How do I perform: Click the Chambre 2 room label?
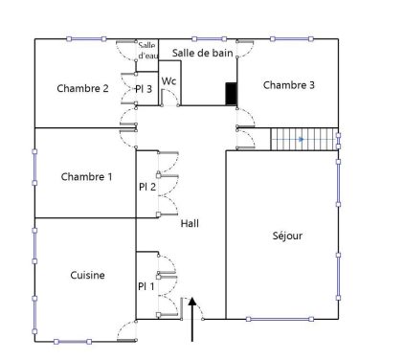pyautogui.click(x=82, y=88)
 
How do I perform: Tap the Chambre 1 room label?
pyautogui.click(x=86, y=176)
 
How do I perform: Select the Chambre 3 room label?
pyautogui.click(x=289, y=85)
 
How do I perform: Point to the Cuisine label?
pyautogui.click(x=87, y=275)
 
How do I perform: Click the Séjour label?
pyautogui.click(x=287, y=236)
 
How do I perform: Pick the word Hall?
pyautogui.click(x=190, y=223)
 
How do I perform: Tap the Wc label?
pyautogui.click(x=168, y=81)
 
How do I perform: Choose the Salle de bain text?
pyautogui.click(x=203, y=53)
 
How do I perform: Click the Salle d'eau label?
pyautogui.click(x=147, y=51)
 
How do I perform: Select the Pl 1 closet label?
pyautogui.click(x=146, y=286)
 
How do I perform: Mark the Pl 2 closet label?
pyautogui.click(x=147, y=187)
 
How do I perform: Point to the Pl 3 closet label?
pyautogui.click(x=144, y=89)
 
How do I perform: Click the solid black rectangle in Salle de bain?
pyautogui.click(x=231, y=94)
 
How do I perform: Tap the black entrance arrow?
pyautogui.click(x=192, y=319)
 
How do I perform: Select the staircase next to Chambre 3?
pyautogui.click(x=304, y=139)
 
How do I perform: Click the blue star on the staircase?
pyautogui.click(x=301, y=139)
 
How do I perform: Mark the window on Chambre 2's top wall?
pyautogui.click(x=86, y=39)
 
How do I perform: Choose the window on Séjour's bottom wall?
pyautogui.click(x=280, y=319)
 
